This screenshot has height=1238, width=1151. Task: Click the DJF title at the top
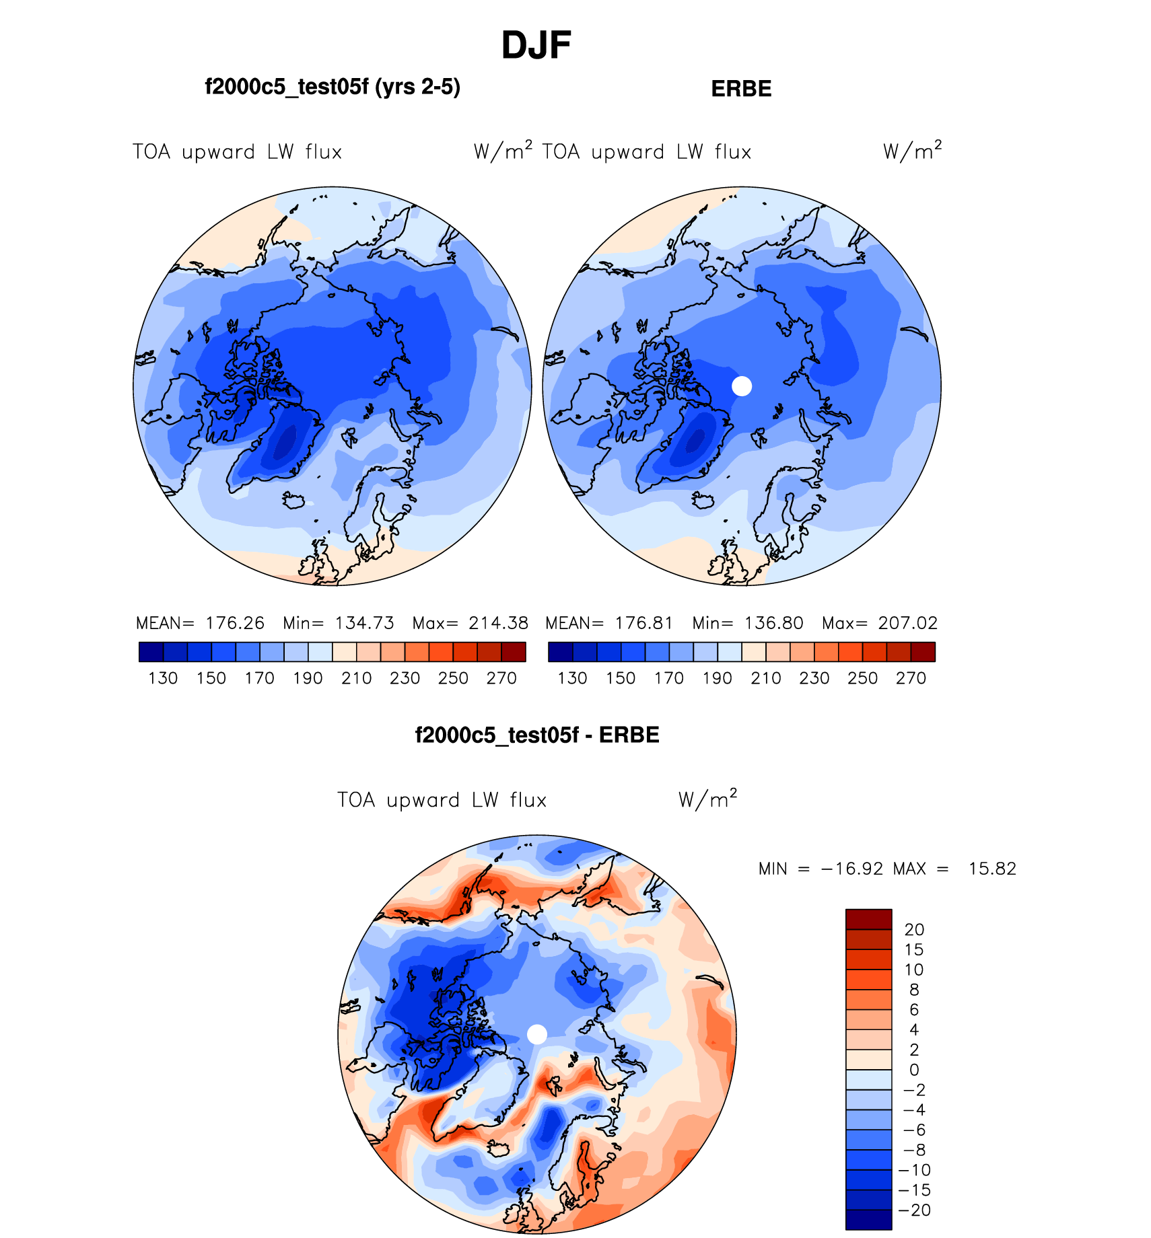[536, 46]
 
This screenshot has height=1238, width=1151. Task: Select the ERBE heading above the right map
[741, 89]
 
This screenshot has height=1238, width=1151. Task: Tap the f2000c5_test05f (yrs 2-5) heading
[333, 87]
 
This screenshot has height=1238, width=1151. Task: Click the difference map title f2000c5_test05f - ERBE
[537, 735]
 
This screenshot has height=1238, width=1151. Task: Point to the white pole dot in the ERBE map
[742, 386]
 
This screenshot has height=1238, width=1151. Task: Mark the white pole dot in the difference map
[537, 1034]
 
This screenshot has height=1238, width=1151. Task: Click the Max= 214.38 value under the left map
[470, 623]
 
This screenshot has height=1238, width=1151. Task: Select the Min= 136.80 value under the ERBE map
[748, 623]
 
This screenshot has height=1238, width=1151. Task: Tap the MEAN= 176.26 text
[200, 623]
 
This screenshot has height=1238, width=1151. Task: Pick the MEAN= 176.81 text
[609, 623]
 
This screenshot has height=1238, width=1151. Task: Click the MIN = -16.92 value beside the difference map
[821, 869]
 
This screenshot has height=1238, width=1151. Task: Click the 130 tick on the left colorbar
[163, 678]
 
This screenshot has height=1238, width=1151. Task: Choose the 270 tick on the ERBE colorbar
[911, 678]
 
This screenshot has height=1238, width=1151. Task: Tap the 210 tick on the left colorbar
[356, 678]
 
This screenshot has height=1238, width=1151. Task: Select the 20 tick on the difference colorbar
[914, 930]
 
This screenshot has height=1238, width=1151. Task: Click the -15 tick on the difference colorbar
[914, 1190]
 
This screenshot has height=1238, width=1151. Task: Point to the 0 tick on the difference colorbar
[914, 1070]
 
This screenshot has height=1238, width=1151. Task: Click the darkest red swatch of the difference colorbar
[868, 919]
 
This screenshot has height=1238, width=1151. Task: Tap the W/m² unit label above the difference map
[707, 799]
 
